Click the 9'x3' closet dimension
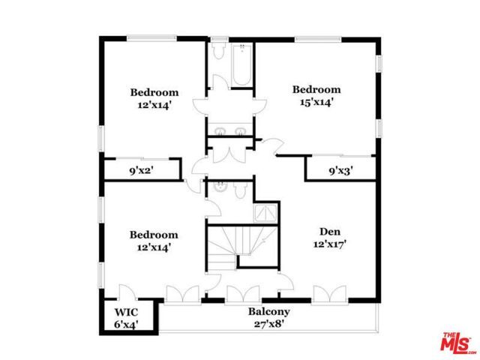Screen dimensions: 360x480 tap(340, 170)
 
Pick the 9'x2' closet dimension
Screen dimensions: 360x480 tap(140, 170)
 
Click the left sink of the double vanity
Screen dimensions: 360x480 tap(219, 132)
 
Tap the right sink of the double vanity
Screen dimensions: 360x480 tap(241, 132)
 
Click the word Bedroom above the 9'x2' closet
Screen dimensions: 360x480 tap(154, 93)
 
